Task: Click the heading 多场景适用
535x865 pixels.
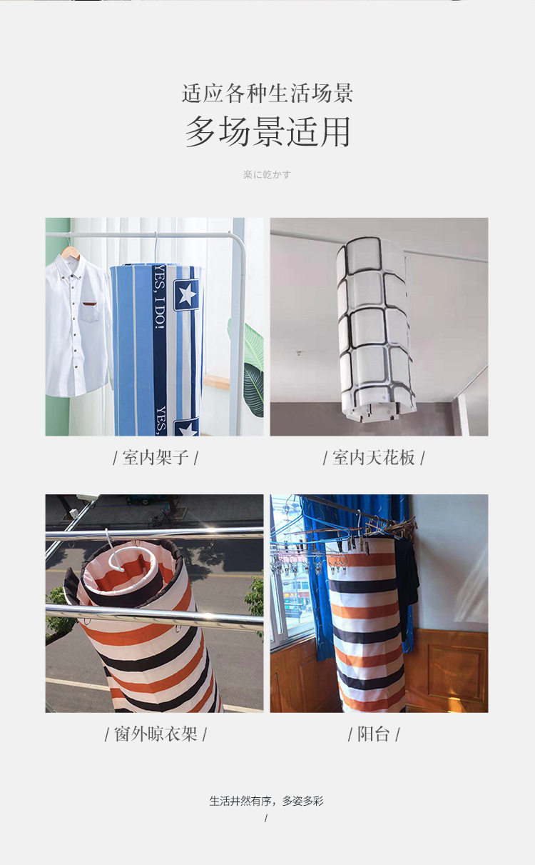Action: click(x=267, y=131)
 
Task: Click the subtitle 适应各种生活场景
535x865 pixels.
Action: click(x=267, y=94)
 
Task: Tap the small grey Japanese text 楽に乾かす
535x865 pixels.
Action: click(x=267, y=175)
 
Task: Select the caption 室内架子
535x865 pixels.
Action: click(x=156, y=458)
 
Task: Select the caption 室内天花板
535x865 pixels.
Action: click(x=373, y=458)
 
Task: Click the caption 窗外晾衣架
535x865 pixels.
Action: click(x=156, y=734)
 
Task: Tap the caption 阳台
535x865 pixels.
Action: click(x=373, y=734)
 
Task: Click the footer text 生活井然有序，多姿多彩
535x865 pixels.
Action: click(x=267, y=801)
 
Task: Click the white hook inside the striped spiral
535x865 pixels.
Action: click(x=116, y=550)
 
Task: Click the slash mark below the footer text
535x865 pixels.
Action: click(x=266, y=818)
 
